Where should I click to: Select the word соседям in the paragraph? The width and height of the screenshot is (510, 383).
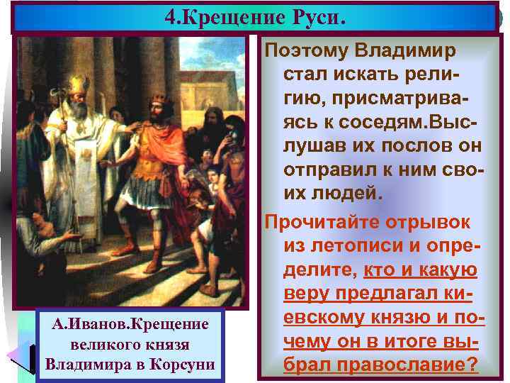(x=361, y=123)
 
